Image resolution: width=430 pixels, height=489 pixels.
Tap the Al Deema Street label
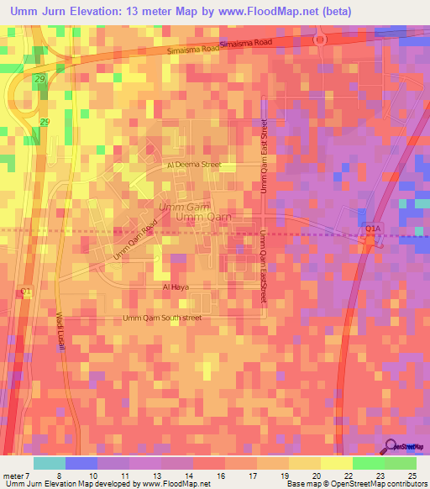[194, 165]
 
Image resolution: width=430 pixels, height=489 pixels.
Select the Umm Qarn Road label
[134, 239]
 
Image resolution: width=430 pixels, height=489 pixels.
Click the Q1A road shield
[372, 228]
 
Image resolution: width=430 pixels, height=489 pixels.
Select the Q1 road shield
[25, 292]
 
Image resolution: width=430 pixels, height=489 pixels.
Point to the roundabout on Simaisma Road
[319, 39]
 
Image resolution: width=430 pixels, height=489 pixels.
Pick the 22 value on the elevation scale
[341, 475]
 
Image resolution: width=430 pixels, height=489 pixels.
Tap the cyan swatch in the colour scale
[49, 463]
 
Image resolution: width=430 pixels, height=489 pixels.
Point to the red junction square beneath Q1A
[369, 241]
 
